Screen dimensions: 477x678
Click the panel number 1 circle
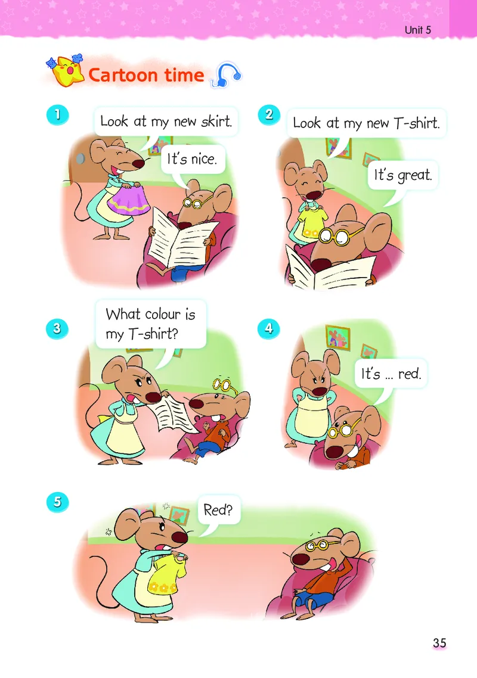(58, 115)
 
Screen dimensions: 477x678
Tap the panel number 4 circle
(268, 329)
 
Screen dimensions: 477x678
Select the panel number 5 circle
(58, 502)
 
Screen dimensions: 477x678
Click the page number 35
(439, 643)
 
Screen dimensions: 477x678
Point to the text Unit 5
(418, 30)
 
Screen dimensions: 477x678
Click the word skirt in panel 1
(216, 121)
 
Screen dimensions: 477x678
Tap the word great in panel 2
(414, 176)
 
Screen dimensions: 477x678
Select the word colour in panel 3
(162, 314)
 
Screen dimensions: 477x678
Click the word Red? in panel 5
(218, 510)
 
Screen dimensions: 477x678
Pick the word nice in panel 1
(203, 159)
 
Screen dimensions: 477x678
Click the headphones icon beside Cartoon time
(226, 75)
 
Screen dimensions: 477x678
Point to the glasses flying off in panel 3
(224, 384)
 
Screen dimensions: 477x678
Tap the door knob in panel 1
(80, 158)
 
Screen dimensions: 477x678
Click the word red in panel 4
(410, 374)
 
